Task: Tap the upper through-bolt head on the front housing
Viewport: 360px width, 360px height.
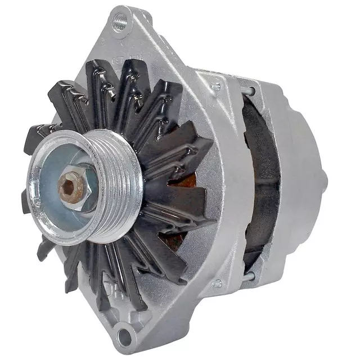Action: click(x=215, y=87)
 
